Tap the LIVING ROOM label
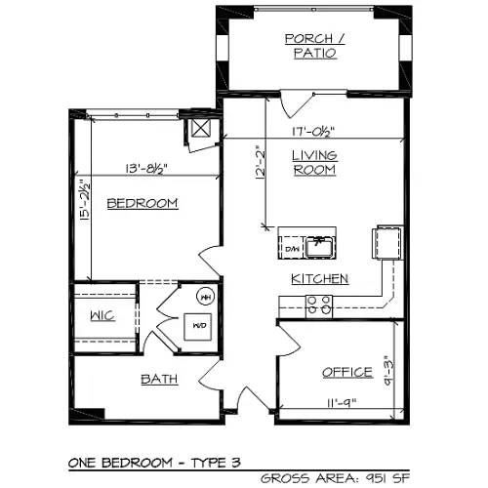[x=314, y=162]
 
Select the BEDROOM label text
[x=142, y=203]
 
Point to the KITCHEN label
[x=319, y=278]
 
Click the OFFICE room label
[x=347, y=372]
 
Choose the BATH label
[x=159, y=379]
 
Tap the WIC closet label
[x=103, y=316]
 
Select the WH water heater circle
[x=206, y=296]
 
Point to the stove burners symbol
[x=318, y=306]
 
